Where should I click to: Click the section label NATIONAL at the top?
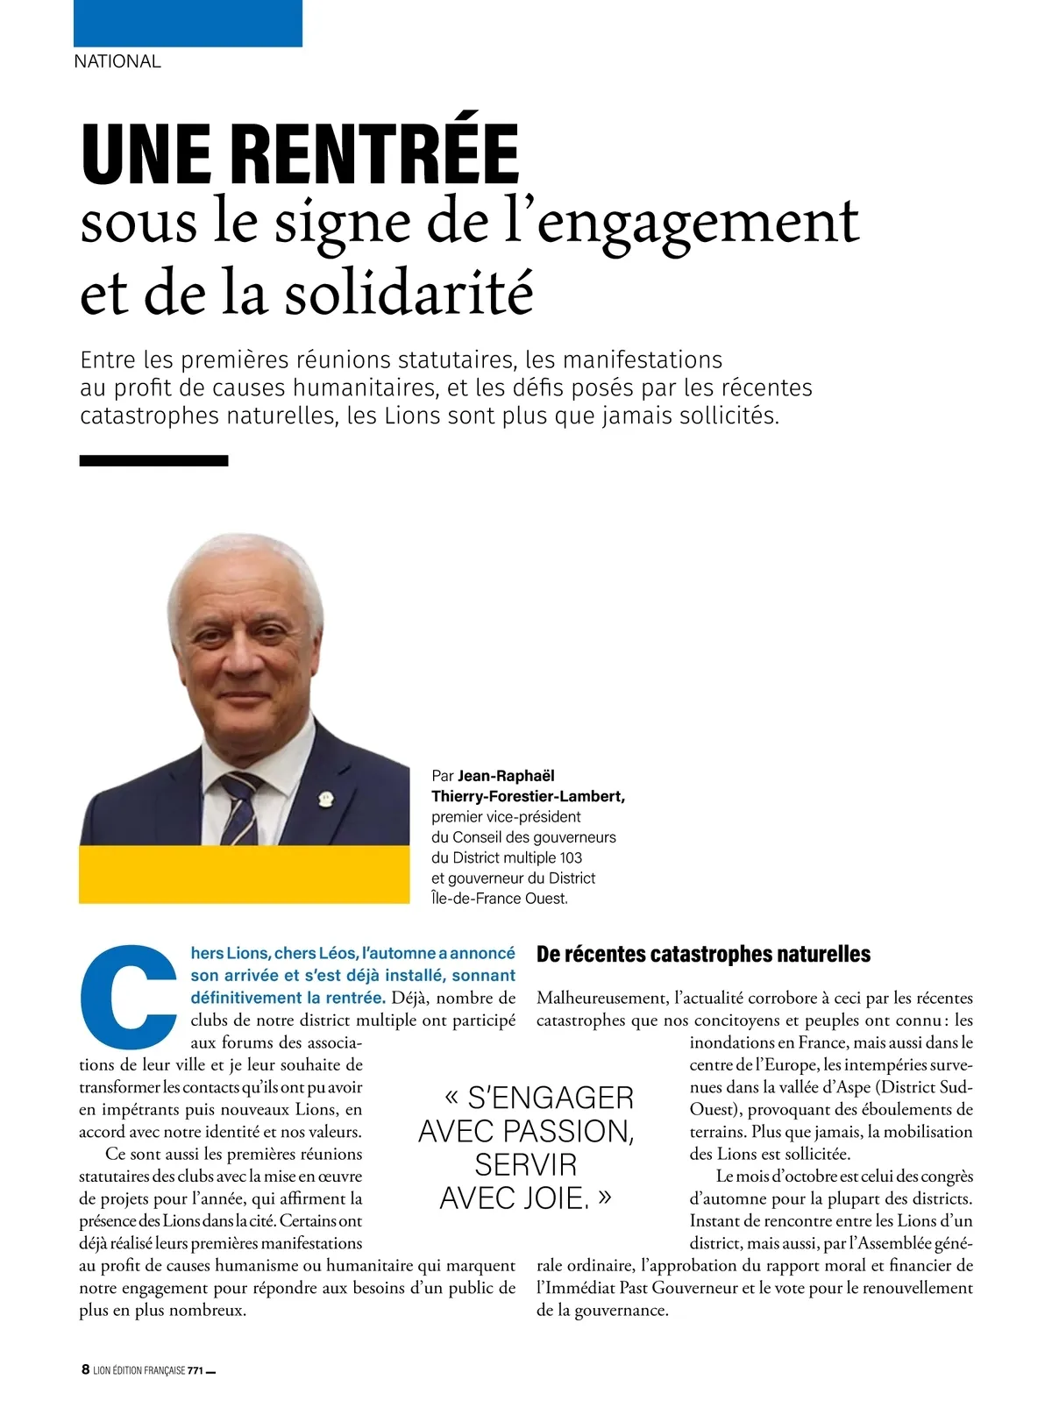coord(117,61)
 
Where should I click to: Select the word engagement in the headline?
coord(698,222)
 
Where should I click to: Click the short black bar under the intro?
coord(153,460)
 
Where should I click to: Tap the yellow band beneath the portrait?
coord(244,874)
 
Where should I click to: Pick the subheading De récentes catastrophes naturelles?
coord(703,954)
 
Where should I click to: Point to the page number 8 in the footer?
coord(85,1369)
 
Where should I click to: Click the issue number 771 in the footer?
coord(195,1370)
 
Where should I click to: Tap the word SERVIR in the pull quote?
coord(526,1165)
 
